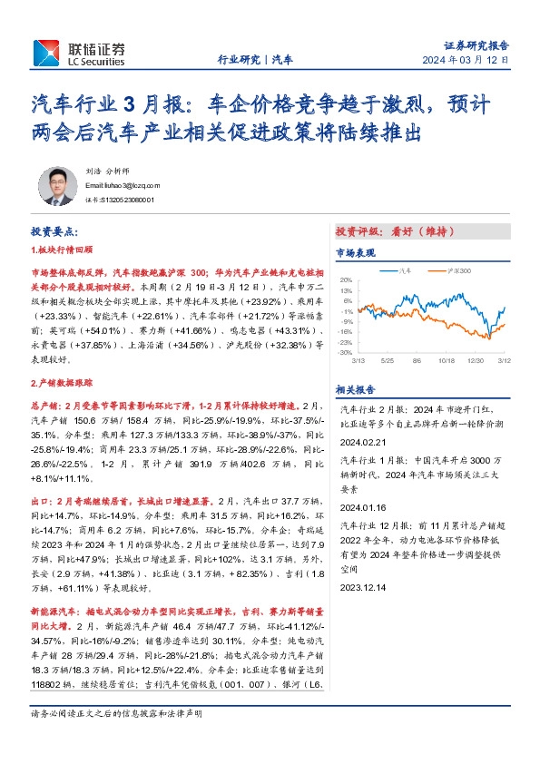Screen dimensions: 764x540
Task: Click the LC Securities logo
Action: (80, 53)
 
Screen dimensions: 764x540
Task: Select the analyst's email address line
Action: (123, 183)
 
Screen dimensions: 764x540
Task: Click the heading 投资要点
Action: (54, 232)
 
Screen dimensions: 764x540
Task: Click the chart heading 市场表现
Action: (353, 252)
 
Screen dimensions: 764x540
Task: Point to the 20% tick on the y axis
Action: (346, 279)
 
